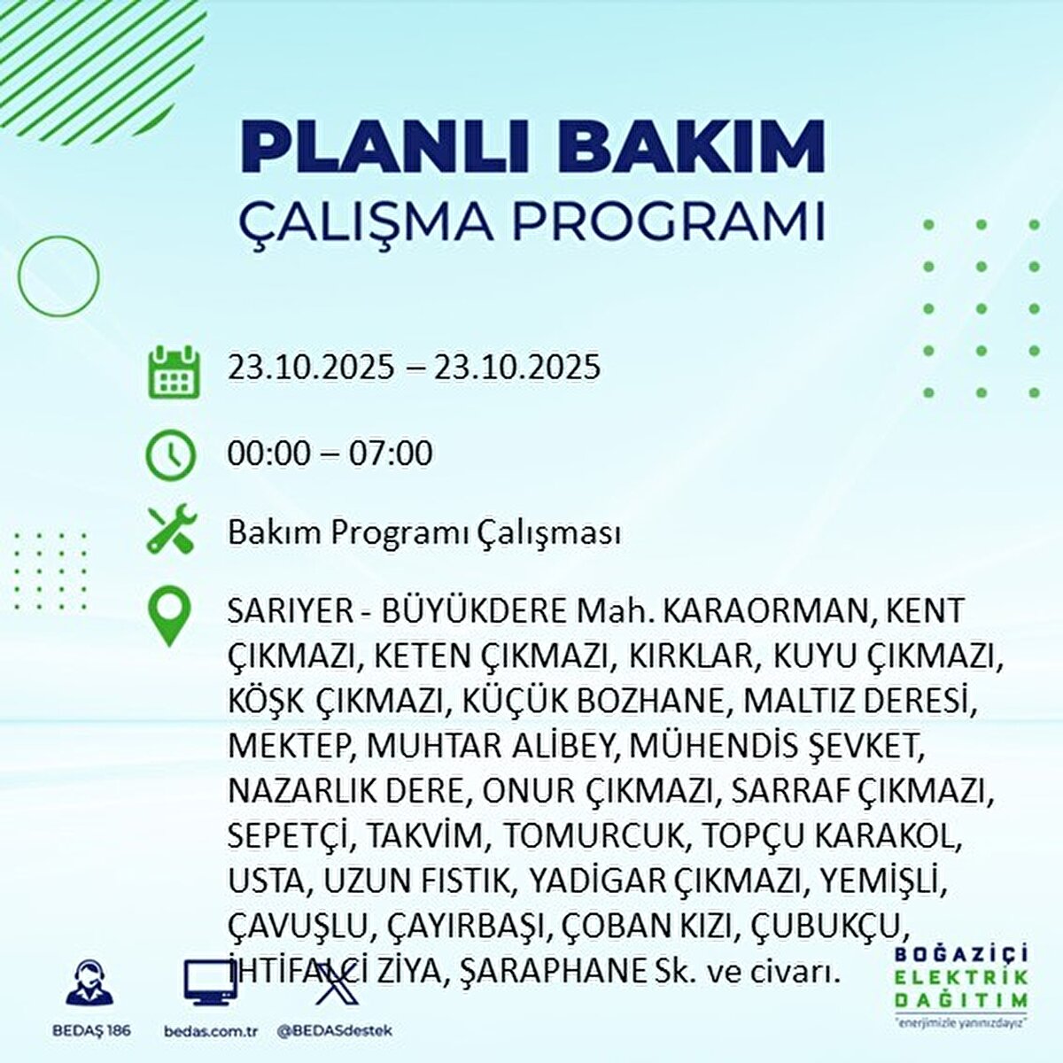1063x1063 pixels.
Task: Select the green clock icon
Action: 169,455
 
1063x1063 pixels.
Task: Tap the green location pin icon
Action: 169,617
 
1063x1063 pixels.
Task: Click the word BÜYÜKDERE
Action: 473,612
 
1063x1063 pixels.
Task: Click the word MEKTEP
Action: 289,746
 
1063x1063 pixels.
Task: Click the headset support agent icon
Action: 89,983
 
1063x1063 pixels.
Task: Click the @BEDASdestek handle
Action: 334,1031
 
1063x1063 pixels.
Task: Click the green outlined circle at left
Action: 58,276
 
